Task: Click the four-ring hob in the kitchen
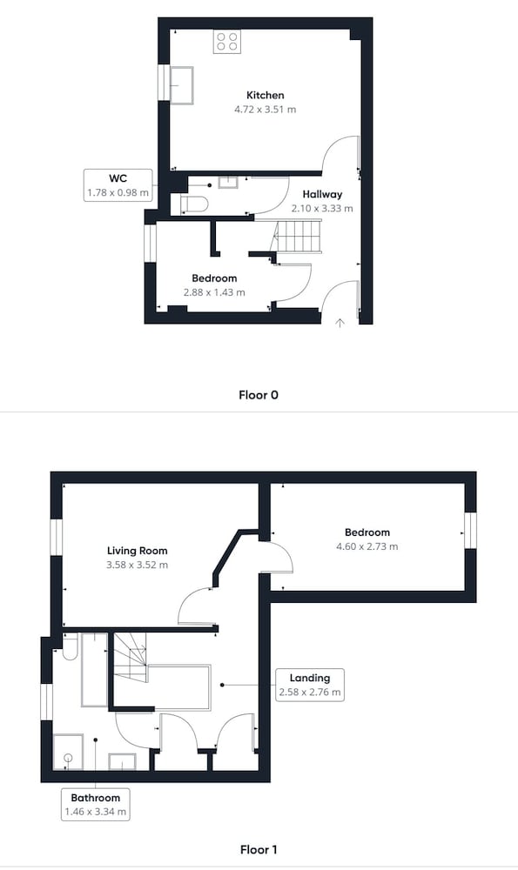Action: [227, 42]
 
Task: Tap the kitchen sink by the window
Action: [182, 85]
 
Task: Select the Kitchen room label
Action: [266, 96]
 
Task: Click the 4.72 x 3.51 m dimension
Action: [266, 110]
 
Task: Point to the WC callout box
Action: [118, 185]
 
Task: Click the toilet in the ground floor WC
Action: [194, 204]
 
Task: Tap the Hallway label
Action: [322, 194]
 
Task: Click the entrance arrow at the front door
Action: [340, 323]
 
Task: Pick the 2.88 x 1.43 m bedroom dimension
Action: [214, 292]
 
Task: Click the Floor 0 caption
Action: [259, 395]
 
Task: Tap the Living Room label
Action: [138, 551]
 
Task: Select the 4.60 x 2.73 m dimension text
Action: [367, 546]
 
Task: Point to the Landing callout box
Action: [310, 686]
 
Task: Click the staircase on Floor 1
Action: [131, 657]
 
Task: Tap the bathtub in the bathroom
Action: [94, 670]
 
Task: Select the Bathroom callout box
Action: [96, 805]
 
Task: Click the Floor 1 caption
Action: [259, 849]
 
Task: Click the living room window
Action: [56, 537]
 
